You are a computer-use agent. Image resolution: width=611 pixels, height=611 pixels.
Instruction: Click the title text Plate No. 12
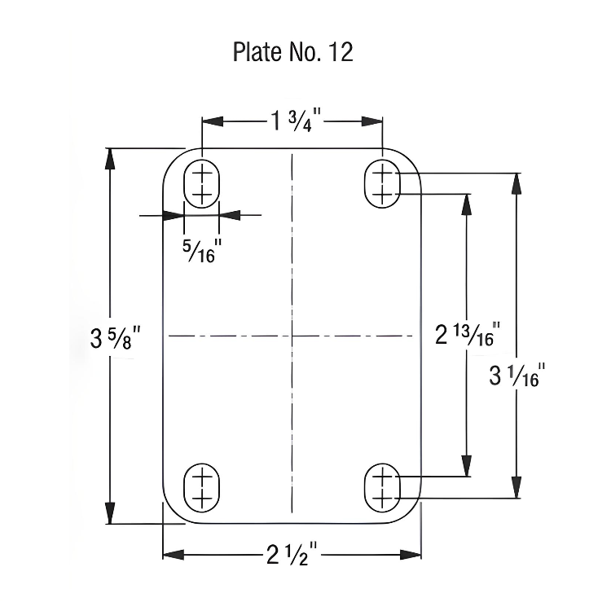tap(292, 52)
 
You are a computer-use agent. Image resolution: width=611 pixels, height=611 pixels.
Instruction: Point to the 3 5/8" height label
tap(121, 336)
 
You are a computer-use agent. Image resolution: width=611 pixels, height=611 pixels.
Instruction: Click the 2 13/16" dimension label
tap(465, 335)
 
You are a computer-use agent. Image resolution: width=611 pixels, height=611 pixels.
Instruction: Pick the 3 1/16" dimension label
tap(516, 377)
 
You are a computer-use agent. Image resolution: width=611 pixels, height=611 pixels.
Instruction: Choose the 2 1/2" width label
tap(292, 556)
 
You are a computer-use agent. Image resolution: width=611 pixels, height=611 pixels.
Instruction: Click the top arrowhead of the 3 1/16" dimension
tap(515, 183)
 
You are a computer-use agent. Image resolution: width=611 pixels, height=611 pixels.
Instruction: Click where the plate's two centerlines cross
tap(291, 335)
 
